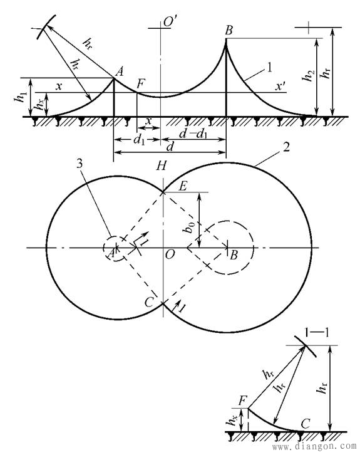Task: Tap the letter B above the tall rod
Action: [229, 30]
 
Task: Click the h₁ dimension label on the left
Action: [20, 96]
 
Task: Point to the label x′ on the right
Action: [280, 86]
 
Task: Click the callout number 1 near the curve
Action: [269, 68]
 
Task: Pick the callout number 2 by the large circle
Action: [286, 148]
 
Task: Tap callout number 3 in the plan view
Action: [80, 164]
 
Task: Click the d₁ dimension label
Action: [139, 140]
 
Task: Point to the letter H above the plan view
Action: [162, 166]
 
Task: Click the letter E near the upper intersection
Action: [183, 186]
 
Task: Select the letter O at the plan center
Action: [170, 254]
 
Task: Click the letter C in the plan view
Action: [149, 303]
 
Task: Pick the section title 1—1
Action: [317, 332]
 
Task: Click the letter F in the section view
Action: [243, 401]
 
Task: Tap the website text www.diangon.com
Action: [314, 446]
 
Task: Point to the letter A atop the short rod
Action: [120, 71]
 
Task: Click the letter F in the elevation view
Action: [140, 85]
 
